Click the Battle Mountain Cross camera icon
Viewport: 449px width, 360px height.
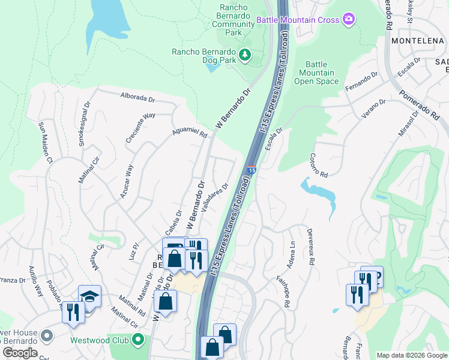point(349,20)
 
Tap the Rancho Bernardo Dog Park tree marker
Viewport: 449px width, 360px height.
point(245,55)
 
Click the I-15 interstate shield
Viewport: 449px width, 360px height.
point(252,170)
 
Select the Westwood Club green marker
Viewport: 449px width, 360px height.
point(139,340)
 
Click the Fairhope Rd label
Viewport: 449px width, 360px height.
point(283,292)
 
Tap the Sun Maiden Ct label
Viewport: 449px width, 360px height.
point(46,142)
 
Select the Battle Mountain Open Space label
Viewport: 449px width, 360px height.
point(317,73)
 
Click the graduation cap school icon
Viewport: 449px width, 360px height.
point(89,296)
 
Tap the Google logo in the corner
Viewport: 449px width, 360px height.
point(20,353)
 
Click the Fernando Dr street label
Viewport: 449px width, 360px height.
point(361,82)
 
